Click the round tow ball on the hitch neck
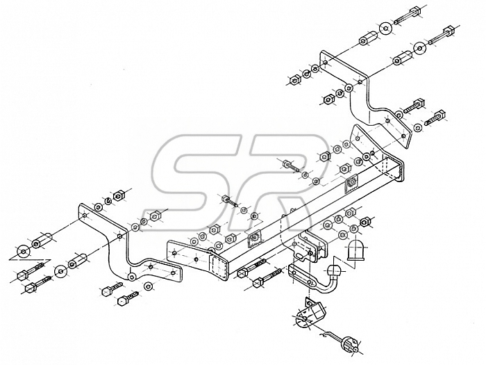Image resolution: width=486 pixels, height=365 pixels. coord(335,271)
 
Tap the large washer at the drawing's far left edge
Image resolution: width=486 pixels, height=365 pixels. coord(24,252)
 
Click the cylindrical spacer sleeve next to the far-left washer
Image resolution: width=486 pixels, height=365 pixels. coord(42,241)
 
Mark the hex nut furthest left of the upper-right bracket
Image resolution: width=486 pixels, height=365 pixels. coord(294,80)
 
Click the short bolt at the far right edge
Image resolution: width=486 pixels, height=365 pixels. coord(435,117)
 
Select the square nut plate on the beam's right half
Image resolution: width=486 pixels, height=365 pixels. coord(351,184)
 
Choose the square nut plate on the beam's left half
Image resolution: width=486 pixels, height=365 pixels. coord(254,238)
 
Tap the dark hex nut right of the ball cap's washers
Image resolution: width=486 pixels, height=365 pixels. coord(364,222)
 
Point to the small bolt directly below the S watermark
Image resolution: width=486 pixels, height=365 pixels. coord(228,200)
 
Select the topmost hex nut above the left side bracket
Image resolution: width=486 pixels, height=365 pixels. coord(119,196)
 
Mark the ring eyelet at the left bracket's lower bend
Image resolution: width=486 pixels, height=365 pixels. coord(132,276)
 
